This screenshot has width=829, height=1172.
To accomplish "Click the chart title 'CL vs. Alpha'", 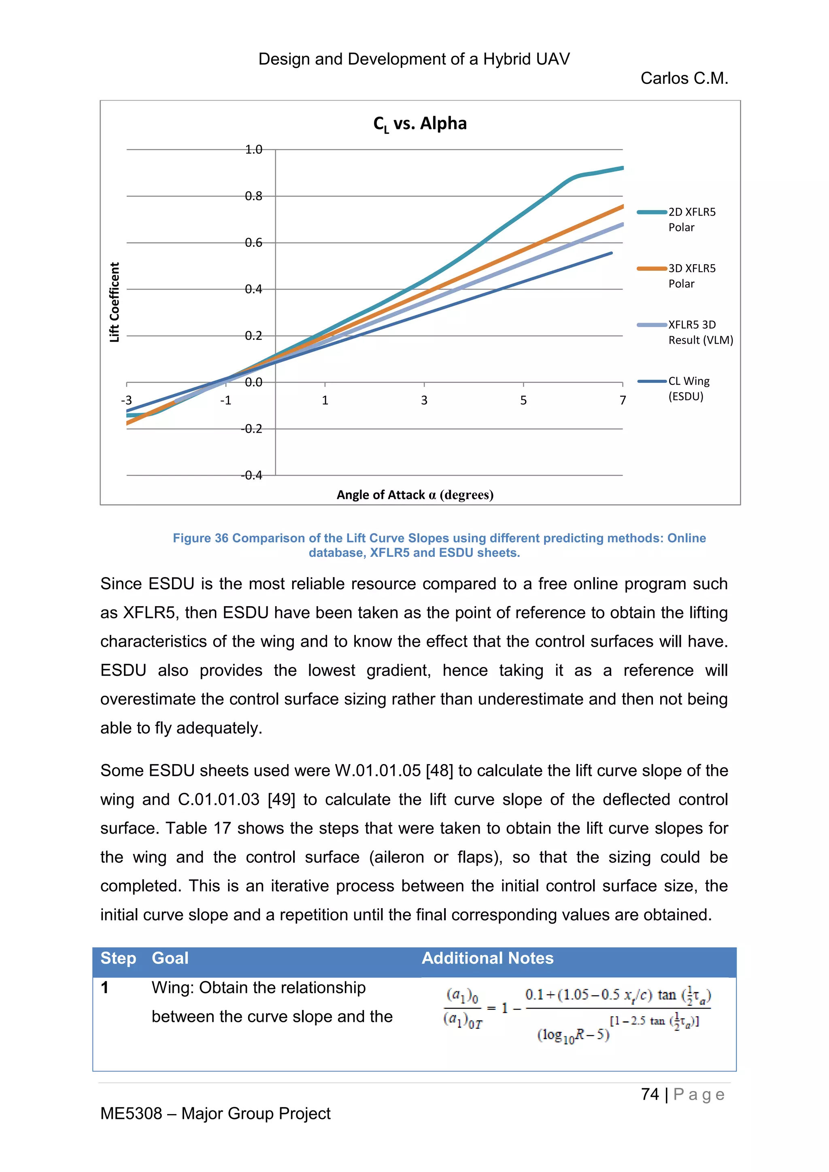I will tap(420, 123).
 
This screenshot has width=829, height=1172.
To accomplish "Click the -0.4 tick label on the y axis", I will tap(252, 475).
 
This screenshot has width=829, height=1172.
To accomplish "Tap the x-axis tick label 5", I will tap(523, 400).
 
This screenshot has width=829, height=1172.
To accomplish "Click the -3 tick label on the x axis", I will tap(126, 400).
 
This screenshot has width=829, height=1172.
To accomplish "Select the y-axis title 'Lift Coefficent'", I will tap(114, 302).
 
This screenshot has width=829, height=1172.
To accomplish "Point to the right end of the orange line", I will tap(622, 206).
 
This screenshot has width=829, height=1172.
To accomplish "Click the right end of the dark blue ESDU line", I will tap(611, 253).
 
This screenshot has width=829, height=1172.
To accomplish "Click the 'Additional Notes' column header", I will tap(487, 958).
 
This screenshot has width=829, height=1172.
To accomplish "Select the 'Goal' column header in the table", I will tap(170, 958).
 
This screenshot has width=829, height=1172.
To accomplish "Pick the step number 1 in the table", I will tap(105, 988).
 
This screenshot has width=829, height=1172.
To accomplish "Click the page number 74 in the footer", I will tap(650, 1094).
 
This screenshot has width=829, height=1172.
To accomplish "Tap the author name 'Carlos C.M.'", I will tap(684, 78).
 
